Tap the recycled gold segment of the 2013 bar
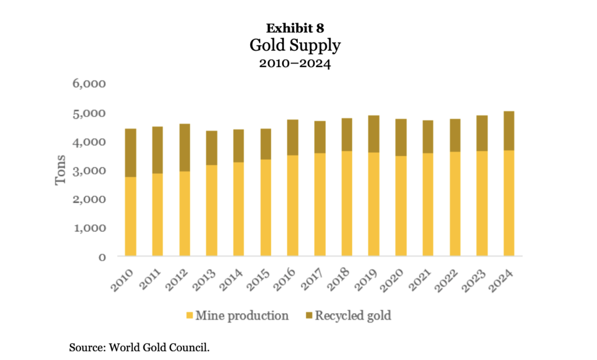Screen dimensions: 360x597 212,148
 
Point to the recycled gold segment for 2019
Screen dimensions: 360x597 374,134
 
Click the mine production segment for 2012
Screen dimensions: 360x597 185,214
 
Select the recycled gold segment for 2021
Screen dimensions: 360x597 428,137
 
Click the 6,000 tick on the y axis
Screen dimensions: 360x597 89,83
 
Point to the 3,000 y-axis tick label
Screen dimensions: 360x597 89,170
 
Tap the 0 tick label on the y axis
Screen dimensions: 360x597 101,256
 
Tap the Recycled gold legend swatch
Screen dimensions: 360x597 308,316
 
